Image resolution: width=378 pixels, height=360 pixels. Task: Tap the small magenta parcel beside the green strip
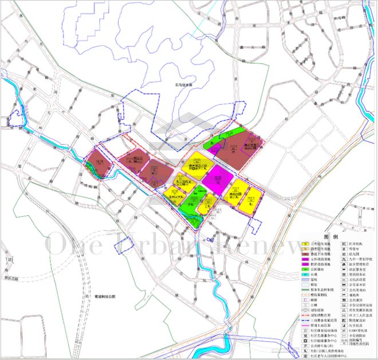point(216,148)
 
